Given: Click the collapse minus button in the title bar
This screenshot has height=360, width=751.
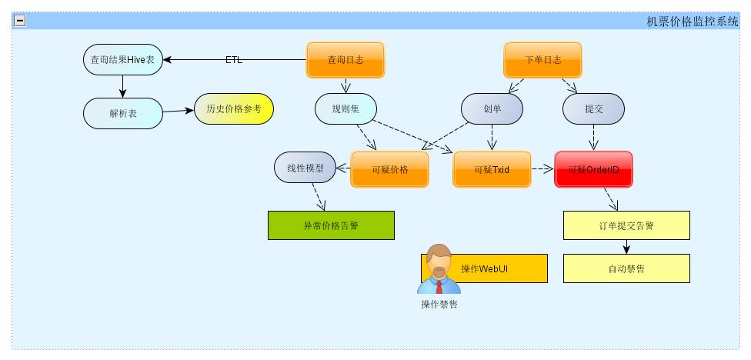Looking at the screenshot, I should (x=20, y=21).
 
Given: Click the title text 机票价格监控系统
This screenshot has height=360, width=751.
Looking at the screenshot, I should (x=693, y=22).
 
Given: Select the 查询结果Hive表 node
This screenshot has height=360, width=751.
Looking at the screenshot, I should (x=123, y=60).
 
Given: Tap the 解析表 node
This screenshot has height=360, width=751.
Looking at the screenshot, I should (x=123, y=113).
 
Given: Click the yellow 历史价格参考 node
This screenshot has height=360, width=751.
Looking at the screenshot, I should (x=233, y=109).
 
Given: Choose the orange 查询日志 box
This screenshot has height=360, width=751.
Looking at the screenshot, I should (x=345, y=60).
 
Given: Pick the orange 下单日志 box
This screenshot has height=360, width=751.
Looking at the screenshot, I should (x=542, y=60).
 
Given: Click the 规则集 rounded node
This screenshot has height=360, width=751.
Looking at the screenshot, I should (x=345, y=108).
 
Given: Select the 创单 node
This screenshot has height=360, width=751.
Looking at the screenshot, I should (x=492, y=108).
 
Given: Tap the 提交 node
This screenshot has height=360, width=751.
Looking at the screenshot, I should (x=593, y=108).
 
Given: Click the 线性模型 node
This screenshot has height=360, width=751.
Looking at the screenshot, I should (x=305, y=168).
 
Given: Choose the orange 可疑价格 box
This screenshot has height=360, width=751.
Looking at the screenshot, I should (x=389, y=169).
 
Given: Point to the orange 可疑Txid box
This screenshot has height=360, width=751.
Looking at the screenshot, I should (x=492, y=169).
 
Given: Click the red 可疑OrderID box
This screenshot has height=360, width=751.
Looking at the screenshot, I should (x=593, y=169).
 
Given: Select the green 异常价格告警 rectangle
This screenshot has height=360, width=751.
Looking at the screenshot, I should (x=331, y=225).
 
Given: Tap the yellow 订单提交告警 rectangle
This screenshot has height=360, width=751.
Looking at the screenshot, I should (x=626, y=225).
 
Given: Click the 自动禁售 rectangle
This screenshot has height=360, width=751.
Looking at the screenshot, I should (x=626, y=268).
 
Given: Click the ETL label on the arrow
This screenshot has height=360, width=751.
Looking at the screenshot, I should (x=234, y=60).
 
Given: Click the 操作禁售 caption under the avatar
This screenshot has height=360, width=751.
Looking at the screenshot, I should (x=439, y=304).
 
